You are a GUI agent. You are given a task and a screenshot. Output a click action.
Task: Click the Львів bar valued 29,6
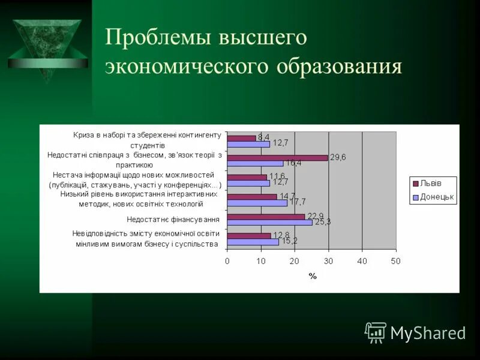coord(277,158)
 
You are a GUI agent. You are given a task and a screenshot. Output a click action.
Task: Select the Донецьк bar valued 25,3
coord(269,223)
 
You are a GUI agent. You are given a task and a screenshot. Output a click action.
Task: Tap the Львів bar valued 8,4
coord(241,138)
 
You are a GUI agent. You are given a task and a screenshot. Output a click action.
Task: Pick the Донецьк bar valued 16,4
coord(255,163)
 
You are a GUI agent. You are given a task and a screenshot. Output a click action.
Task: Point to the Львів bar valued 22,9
coord(266,217)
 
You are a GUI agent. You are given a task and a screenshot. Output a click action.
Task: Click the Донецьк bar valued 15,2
coord(253,242)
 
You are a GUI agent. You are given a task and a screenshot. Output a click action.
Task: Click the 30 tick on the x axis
coord(328,261)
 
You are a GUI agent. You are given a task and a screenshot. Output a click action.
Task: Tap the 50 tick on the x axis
coord(395,261)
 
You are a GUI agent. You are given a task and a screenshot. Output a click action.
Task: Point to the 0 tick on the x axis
coord(227,261)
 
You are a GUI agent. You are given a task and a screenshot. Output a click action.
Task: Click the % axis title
coord(312,276)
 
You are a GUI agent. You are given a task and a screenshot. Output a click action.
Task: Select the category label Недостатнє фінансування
coord(173,220)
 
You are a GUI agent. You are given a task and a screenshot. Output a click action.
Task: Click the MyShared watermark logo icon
coord(376,332)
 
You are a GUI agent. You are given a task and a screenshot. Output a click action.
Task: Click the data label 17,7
coord(298,202)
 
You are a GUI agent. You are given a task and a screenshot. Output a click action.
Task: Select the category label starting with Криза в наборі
coord(148,139)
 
